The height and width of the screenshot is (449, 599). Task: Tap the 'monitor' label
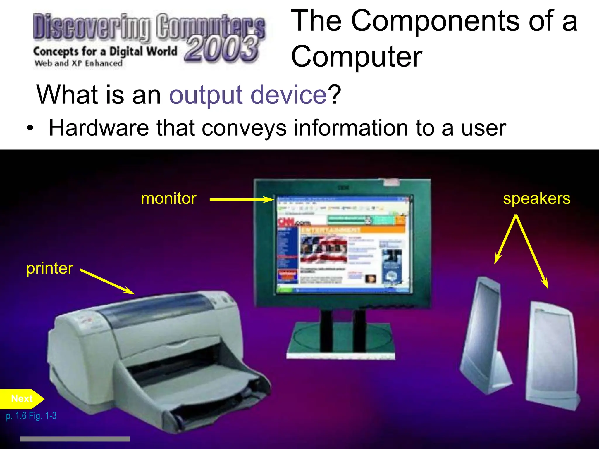tap(168, 199)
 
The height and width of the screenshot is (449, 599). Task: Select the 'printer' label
tap(50, 268)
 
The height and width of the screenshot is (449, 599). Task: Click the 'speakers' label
tap(536, 199)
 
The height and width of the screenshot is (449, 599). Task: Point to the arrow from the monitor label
tap(242, 200)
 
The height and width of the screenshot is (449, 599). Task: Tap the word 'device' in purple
tap(288, 95)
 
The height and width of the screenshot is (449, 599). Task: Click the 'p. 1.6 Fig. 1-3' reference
tap(31, 416)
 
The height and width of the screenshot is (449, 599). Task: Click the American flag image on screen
tap(323, 248)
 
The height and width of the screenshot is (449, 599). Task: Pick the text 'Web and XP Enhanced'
tap(78, 63)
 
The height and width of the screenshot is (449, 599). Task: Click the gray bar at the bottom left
tap(75, 439)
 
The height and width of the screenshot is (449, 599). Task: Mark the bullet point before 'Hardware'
tap(30, 129)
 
